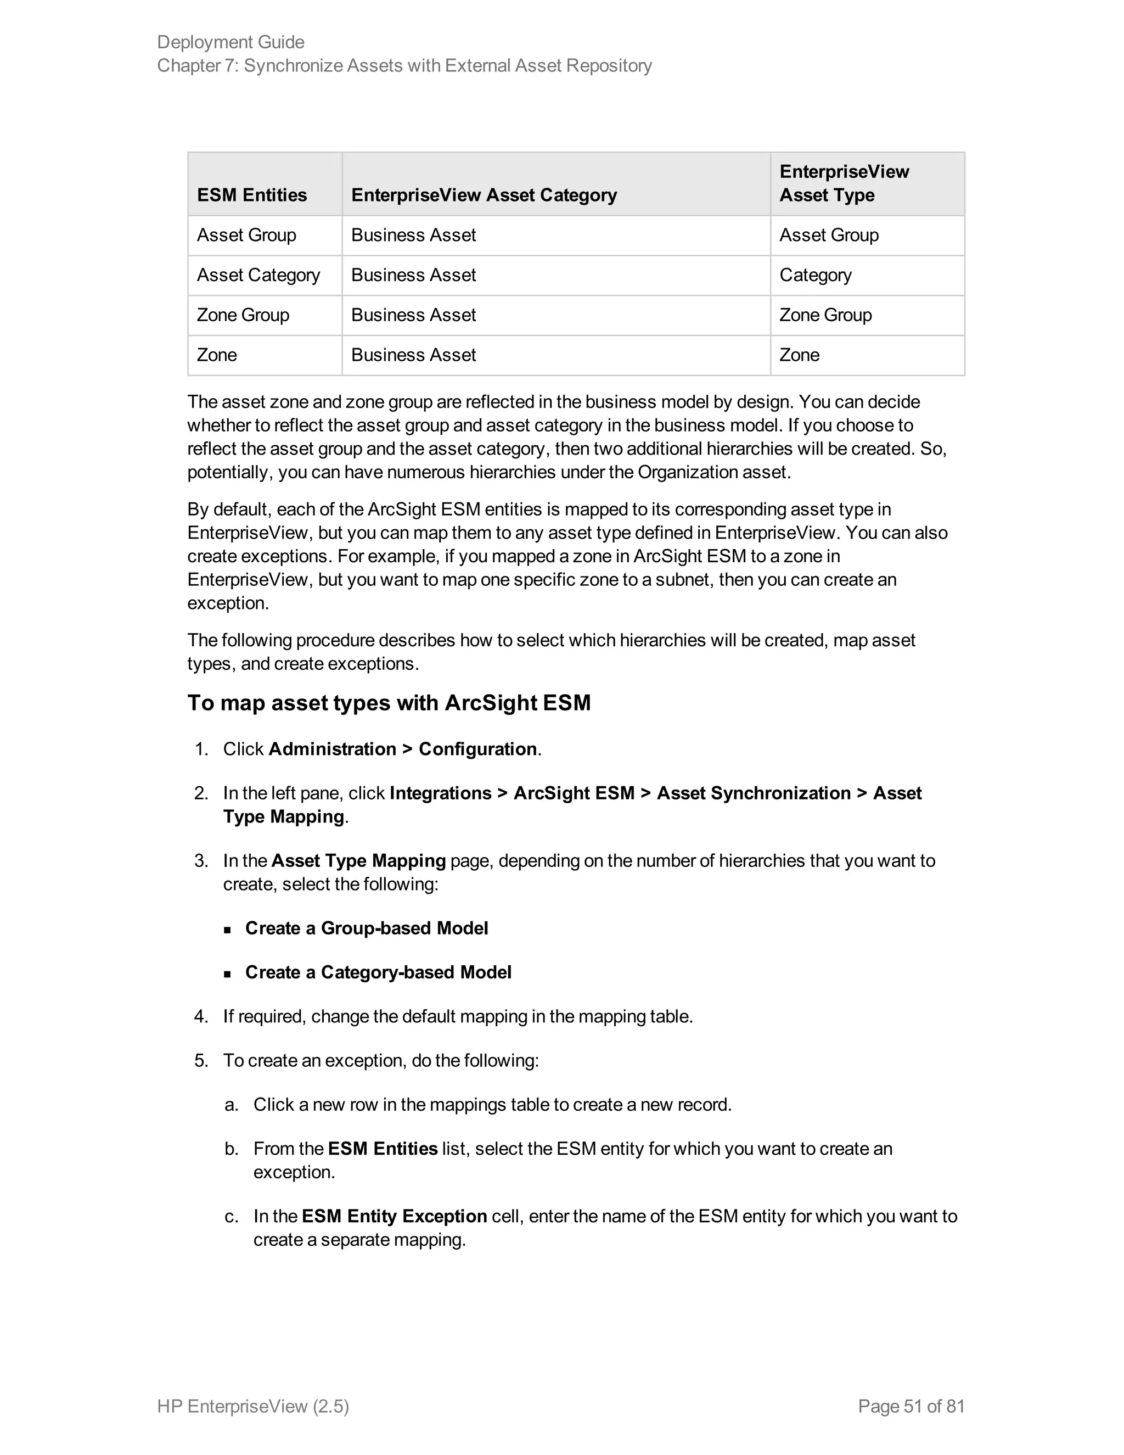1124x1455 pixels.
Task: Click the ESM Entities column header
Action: click(x=252, y=195)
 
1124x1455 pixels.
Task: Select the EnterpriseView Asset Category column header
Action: click(x=484, y=195)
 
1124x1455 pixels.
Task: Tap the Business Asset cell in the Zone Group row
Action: click(x=413, y=315)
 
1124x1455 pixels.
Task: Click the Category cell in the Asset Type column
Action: click(x=815, y=275)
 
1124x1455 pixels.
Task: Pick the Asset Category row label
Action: click(x=258, y=275)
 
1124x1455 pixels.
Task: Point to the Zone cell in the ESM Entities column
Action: click(x=217, y=355)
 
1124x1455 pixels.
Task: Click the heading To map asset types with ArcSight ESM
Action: click(x=389, y=703)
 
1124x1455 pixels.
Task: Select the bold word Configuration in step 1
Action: click(x=477, y=749)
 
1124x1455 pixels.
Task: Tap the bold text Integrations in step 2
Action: click(x=440, y=793)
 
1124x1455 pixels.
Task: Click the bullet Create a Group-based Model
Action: click(x=366, y=928)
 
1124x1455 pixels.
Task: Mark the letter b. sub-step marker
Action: click(x=231, y=1149)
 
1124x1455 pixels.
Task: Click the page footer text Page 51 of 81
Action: click(x=911, y=1406)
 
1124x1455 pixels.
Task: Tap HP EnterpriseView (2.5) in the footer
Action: click(x=253, y=1406)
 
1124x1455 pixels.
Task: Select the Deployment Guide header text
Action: click(x=231, y=42)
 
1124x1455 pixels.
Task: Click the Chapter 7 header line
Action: click(x=404, y=65)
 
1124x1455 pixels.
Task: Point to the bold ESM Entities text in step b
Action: click(x=382, y=1149)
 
